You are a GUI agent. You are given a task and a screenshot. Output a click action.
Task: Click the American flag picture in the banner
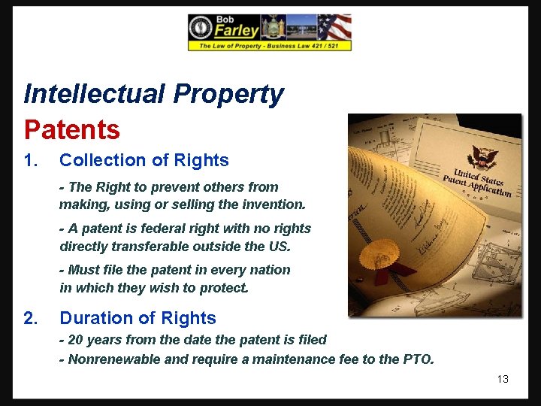(334, 27)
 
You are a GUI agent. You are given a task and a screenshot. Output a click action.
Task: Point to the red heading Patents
(72, 130)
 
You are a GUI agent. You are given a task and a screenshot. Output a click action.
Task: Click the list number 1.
(30, 160)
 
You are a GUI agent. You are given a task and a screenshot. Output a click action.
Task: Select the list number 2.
(30, 318)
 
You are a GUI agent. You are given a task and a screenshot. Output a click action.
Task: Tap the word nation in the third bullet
(271, 270)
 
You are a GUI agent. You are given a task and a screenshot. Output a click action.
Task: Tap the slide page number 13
(503, 379)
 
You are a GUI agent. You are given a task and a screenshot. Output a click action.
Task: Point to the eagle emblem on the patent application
(482, 157)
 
